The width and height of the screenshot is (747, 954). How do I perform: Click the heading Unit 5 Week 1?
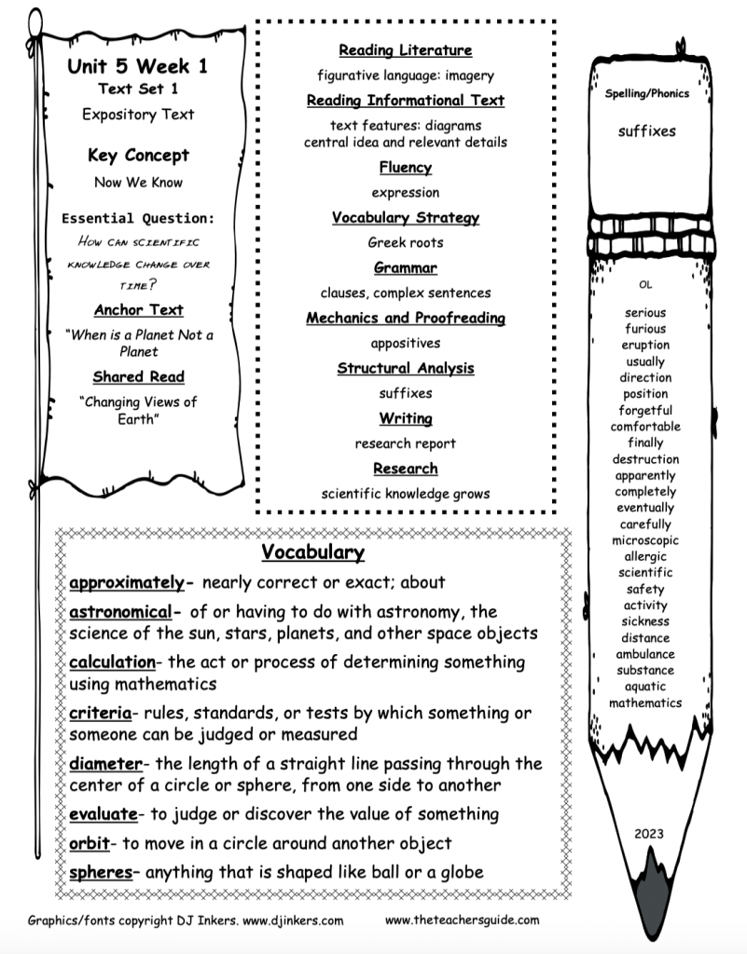(x=137, y=67)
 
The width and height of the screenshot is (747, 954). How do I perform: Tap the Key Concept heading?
(x=138, y=156)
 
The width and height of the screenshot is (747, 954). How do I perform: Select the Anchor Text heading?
(x=138, y=310)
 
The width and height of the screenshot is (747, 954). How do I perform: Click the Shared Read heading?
(x=138, y=377)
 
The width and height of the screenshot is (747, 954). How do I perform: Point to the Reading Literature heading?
(x=405, y=50)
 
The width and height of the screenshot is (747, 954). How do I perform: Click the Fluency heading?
(x=405, y=168)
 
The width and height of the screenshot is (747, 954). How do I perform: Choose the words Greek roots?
(x=405, y=242)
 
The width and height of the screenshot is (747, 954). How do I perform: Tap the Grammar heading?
(x=405, y=268)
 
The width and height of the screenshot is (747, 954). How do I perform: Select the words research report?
(x=405, y=443)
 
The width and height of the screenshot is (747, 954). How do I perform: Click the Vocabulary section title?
(x=311, y=552)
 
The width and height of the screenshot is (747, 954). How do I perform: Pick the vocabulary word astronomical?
(x=119, y=612)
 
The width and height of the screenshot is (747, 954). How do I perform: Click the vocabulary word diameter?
(x=104, y=764)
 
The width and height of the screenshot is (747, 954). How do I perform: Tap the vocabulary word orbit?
(x=90, y=843)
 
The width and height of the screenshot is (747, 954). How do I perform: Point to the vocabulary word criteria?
(x=100, y=714)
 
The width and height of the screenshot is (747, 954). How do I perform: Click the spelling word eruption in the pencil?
(x=645, y=345)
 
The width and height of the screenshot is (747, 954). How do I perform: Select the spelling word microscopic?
(x=645, y=540)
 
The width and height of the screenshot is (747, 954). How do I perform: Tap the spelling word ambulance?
(x=645, y=654)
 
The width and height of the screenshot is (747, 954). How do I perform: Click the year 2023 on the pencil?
(x=647, y=834)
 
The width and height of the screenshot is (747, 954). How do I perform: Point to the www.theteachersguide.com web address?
(x=462, y=920)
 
